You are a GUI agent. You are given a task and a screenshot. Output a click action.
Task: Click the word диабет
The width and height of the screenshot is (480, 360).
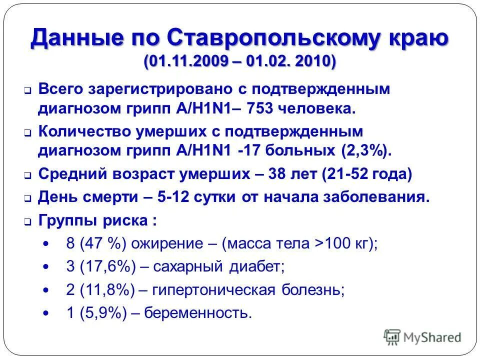coord(255,267)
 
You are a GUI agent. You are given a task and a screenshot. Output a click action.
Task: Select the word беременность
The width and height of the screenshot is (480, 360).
coord(197,313)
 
